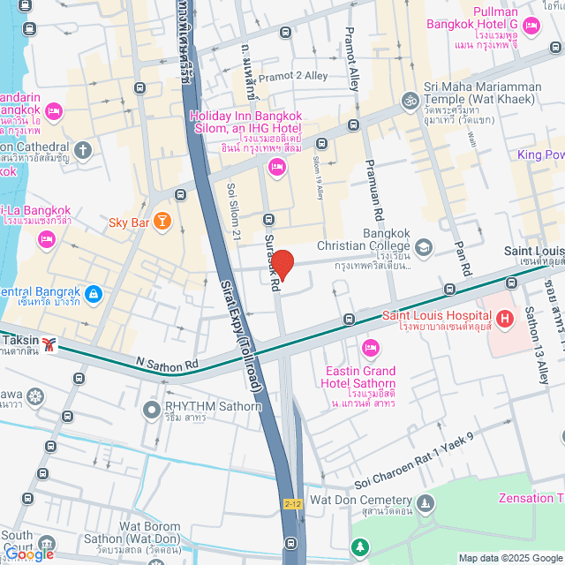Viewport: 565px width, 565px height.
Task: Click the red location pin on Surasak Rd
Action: point(282,264)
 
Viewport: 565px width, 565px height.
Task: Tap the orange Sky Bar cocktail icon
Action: point(162,222)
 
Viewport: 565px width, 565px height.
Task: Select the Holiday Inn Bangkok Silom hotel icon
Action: point(277,167)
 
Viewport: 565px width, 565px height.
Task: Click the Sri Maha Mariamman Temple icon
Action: point(408,100)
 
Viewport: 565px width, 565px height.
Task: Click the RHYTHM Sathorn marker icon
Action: point(151,408)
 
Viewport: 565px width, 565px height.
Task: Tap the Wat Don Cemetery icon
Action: point(426,502)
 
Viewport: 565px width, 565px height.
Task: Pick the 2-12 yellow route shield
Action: point(293,503)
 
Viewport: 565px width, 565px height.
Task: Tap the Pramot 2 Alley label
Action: point(292,76)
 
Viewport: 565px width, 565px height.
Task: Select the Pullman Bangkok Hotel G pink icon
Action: point(530,26)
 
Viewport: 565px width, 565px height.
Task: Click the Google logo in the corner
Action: point(28,554)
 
